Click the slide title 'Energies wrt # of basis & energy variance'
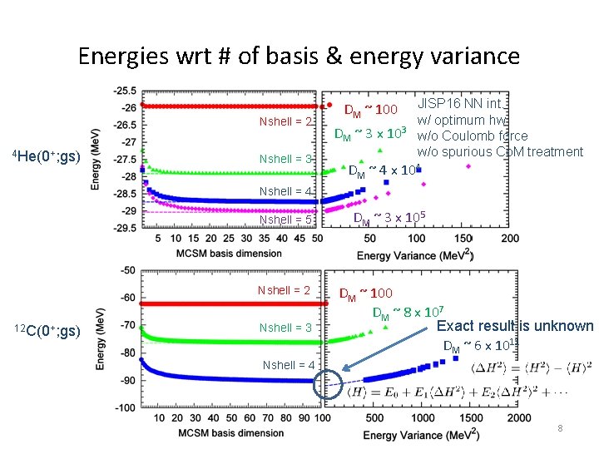(299, 56)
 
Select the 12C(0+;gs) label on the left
(47, 331)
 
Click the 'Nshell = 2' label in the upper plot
(286, 122)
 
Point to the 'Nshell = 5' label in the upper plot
(286, 220)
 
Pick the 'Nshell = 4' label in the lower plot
(288, 365)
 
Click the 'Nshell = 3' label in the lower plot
(286, 328)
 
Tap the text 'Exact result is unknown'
(515, 326)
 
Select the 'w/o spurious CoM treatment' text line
(500, 151)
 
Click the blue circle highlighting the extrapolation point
(329, 383)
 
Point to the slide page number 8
(561, 428)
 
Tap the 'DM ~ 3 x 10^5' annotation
(389, 219)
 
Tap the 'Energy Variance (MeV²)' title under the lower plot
(420, 434)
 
